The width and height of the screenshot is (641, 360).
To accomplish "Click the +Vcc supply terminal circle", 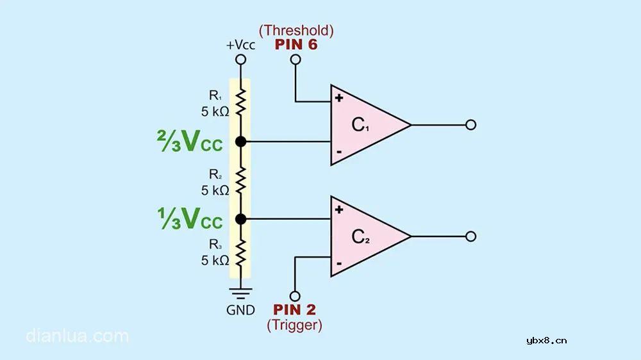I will [x=241, y=60].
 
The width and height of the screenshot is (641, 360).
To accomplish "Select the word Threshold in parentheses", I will [x=296, y=30].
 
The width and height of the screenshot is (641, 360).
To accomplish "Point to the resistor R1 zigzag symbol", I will [x=241, y=101].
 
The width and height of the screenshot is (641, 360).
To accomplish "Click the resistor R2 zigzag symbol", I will [x=241, y=180].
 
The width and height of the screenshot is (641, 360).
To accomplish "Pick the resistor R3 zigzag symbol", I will [x=241, y=252].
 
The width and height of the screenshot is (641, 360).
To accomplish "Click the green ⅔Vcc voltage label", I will [x=190, y=142].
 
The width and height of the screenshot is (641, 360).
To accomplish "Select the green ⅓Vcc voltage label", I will [x=190, y=220].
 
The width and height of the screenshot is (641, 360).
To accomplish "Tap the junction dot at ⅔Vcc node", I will [x=241, y=141].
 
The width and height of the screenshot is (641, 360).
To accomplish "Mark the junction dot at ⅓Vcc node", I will [x=241, y=219].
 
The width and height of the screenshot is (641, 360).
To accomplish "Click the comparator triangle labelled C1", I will [x=365, y=125].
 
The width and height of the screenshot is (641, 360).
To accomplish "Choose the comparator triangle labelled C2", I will [x=365, y=236].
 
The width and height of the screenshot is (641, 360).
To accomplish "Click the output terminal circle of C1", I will [x=470, y=125].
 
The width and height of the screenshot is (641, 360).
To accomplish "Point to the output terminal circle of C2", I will [x=470, y=236].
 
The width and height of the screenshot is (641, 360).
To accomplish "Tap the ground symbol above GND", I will [x=241, y=294].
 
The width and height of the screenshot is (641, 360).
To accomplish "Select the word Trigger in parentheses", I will [x=295, y=325].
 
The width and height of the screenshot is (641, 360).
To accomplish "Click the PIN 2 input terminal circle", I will [x=295, y=296].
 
